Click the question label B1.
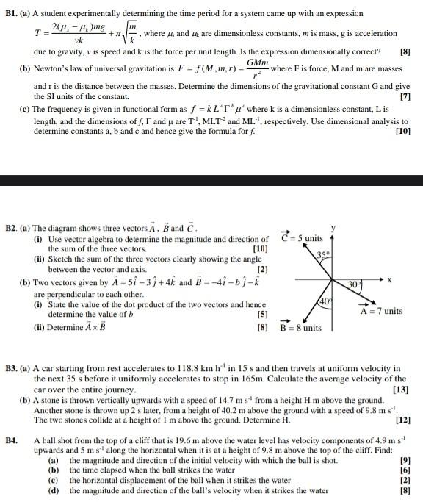[x=11, y=13]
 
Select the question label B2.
[x=13, y=229]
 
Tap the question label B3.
[x=13, y=367]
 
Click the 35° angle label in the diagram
[x=325, y=255]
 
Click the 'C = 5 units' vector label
[x=303, y=237]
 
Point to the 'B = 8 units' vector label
[x=301, y=328]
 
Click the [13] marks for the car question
[x=402, y=389]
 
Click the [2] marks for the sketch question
[x=262, y=269]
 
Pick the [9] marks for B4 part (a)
[x=405, y=461]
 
